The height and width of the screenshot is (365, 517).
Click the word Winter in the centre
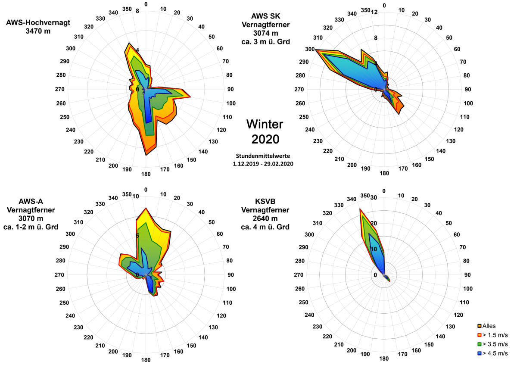265,125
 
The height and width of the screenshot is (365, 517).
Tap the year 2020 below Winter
265,139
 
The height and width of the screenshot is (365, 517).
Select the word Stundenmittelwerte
265,155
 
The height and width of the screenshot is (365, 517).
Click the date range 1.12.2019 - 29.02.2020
265,164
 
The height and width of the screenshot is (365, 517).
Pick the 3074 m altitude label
265,33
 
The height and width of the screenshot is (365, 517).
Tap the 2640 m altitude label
265,218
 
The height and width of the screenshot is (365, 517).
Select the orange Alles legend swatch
479,326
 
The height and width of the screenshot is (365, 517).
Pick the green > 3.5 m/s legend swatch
479,344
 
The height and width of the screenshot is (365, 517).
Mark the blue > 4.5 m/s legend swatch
479,353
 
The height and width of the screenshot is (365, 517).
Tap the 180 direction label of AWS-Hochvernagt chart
146,174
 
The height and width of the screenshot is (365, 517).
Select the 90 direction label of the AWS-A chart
230,275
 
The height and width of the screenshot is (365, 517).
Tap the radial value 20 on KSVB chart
374,223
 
